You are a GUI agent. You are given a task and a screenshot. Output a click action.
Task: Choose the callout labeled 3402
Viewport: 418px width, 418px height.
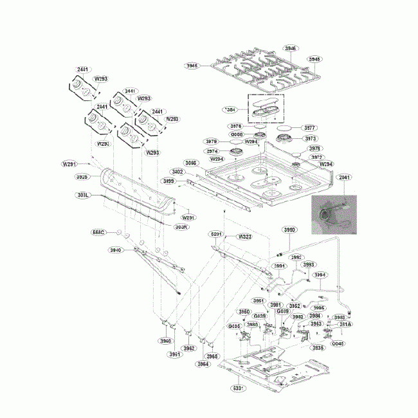(177, 172)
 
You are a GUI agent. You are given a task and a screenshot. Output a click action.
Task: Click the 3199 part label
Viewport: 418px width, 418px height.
(168, 181)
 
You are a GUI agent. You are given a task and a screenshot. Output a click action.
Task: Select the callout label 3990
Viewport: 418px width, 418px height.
(290, 230)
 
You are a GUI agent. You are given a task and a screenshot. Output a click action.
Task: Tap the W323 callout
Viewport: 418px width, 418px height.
(244, 236)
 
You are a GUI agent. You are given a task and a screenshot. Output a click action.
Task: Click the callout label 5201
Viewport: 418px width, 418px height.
(216, 236)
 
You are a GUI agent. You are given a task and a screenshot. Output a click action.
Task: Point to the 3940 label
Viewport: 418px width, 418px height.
(116, 250)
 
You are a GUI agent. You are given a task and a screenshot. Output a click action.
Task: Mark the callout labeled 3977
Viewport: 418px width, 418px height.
(310, 128)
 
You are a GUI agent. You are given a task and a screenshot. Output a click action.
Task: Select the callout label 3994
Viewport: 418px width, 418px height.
(320, 275)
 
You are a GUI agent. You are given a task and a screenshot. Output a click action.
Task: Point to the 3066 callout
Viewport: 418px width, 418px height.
(191, 163)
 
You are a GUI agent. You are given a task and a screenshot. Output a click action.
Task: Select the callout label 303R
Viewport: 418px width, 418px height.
(181, 226)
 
